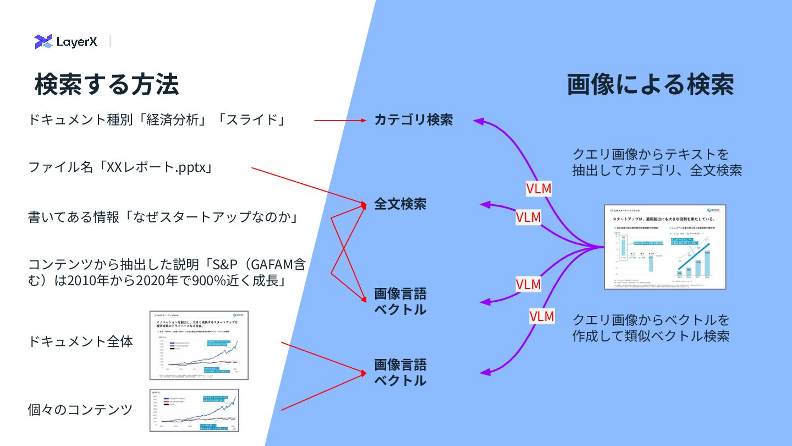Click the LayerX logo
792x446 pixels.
click(x=65, y=41)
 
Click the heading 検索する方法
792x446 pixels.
click(x=107, y=84)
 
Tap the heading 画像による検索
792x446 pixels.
click(x=650, y=84)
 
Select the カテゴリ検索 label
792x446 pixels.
click(x=413, y=119)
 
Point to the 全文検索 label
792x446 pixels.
click(x=400, y=204)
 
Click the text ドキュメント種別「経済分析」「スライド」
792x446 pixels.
click(x=157, y=119)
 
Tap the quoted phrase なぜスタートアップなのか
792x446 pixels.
click(x=211, y=217)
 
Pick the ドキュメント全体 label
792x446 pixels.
click(x=80, y=341)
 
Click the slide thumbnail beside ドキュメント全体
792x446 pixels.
click(x=199, y=345)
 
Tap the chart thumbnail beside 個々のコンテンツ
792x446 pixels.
click(x=199, y=411)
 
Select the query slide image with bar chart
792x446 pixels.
click(x=665, y=247)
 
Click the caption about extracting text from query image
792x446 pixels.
click(x=657, y=162)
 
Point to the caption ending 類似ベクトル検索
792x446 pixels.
click(x=651, y=328)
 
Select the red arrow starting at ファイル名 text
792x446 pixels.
click(x=308, y=186)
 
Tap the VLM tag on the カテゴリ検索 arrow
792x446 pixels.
click(x=538, y=188)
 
